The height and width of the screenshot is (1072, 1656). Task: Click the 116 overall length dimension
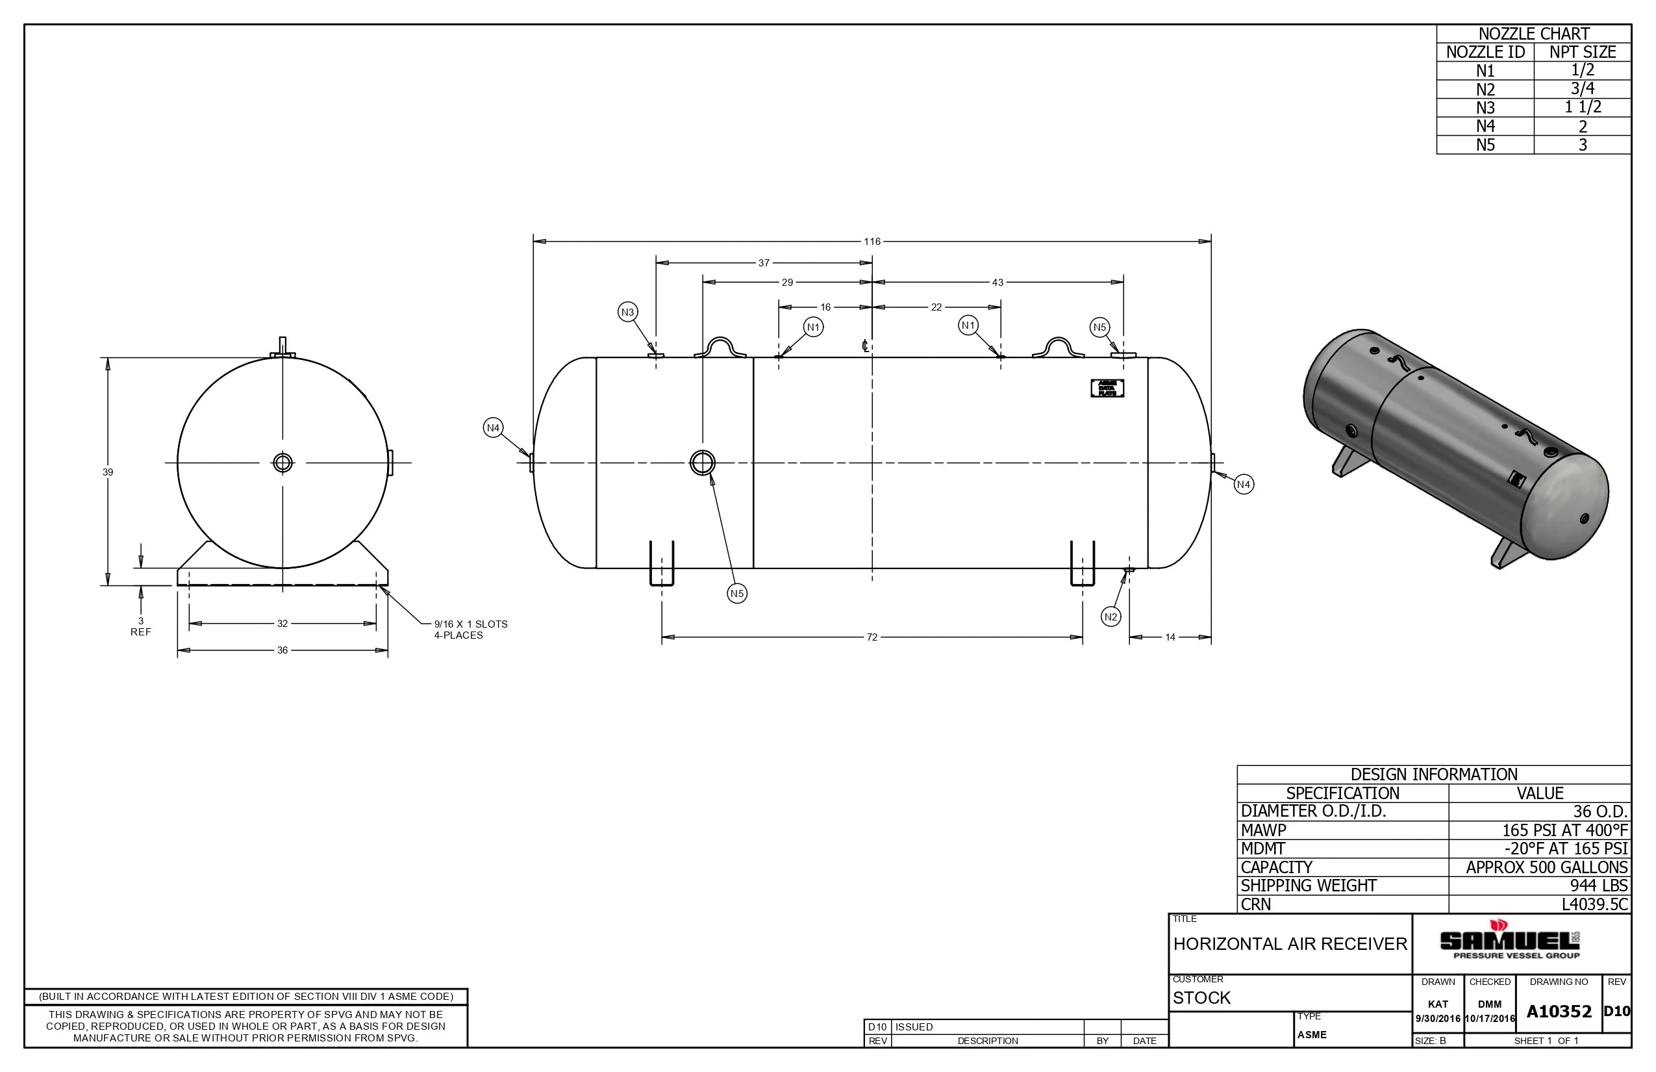[872, 242]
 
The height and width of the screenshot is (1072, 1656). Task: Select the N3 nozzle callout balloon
[627, 312]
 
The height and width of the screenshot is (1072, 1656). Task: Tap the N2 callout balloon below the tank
[1110, 617]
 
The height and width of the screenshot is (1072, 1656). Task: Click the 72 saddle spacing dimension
[872, 637]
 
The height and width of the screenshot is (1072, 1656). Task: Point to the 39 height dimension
[108, 472]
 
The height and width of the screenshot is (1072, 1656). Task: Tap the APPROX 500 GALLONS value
[1546, 867]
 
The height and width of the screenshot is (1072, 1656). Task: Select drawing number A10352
[1559, 1012]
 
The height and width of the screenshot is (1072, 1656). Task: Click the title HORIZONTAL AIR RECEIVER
[1289, 944]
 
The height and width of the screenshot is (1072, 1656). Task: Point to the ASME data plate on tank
[1107, 389]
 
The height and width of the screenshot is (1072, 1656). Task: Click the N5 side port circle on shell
[702, 462]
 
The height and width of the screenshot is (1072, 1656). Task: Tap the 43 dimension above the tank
[997, 283]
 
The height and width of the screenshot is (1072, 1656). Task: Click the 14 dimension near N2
[1170, 637]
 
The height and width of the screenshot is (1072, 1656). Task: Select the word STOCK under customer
[1201, 997]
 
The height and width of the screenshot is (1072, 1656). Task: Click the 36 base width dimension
[282, 650]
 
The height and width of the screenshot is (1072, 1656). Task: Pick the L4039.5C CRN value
[1594, 904]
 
